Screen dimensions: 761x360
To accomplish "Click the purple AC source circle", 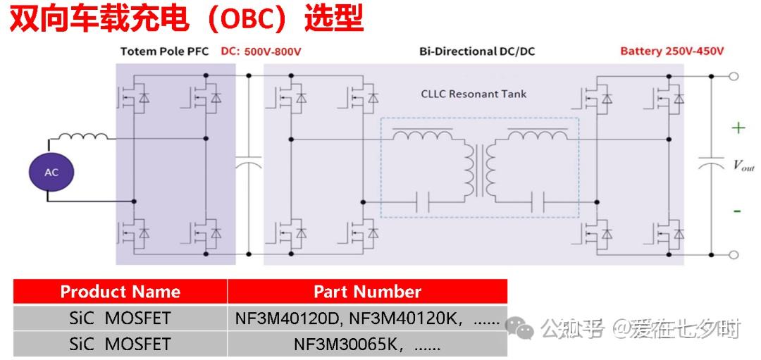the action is click(51, 172).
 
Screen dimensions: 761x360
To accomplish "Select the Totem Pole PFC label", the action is click(164, 51).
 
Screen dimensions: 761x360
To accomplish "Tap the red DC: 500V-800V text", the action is click(261, 51).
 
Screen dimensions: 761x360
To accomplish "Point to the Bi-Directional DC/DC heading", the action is click(477, 51).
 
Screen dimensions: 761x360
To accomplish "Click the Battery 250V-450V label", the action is click(672, 51).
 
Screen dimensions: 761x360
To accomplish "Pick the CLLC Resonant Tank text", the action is click(474, 94).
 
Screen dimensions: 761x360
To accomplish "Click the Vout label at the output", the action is click(743, 166).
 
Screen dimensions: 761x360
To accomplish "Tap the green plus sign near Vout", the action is click(738, 128).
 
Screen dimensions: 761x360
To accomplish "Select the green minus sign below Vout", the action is click(737, 211).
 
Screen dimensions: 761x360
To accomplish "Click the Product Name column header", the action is click(120, 292).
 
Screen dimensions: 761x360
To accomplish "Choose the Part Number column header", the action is click(367, 292).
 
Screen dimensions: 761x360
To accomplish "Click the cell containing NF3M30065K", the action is click(367, 345).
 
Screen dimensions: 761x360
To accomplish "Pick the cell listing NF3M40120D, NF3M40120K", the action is click(367, 318).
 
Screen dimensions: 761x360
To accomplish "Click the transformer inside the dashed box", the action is click(480, 169).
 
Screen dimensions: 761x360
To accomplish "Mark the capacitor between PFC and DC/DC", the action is click(249, 163).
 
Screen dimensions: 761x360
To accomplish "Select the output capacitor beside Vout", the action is click(711, 163).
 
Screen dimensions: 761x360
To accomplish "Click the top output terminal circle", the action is click(734, 76).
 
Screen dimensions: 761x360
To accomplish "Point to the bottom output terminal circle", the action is click(734, 255).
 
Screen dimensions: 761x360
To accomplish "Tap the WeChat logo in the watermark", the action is click(520, 328).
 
